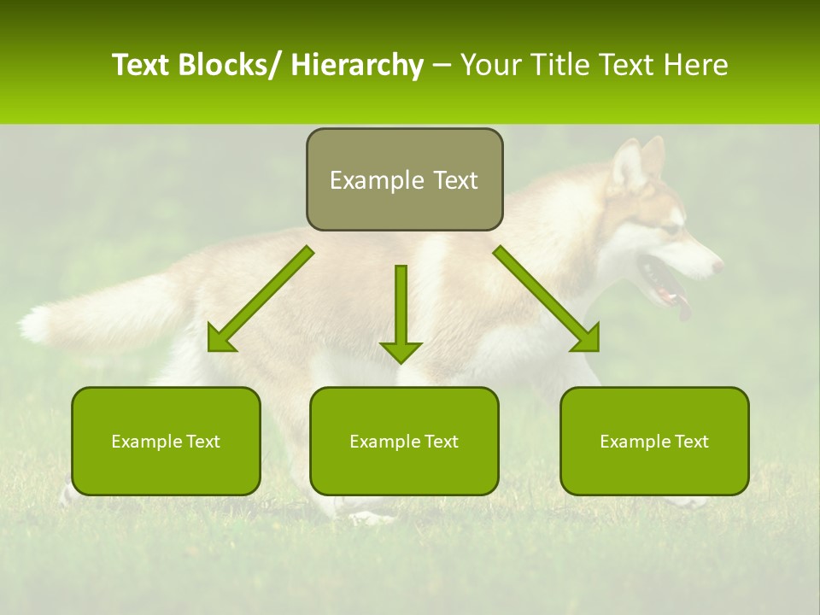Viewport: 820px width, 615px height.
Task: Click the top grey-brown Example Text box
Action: pos(404,179)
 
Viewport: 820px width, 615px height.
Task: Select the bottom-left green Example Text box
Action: pos(166,441)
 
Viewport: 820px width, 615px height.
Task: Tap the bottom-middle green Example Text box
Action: pos(404,441)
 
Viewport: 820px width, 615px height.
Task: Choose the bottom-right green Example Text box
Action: pos(654,441)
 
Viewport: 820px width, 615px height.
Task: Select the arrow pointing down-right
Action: pos(547,299)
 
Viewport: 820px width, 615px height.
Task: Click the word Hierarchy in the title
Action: pos(357,65)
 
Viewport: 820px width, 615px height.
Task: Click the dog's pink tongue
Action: pos(683,307)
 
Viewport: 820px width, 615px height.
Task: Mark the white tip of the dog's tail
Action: pos(36,325)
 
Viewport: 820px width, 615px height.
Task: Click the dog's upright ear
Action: pos(630,162)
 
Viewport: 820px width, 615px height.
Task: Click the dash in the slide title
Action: pos(442,65)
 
